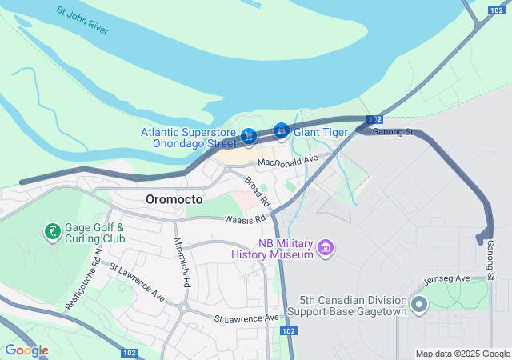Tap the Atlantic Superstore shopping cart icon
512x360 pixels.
point(249,138)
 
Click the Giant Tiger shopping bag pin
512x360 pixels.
point(281,130)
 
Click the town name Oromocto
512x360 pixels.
point(174,199)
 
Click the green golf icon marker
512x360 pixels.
point(52,232)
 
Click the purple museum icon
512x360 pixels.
point(326,248)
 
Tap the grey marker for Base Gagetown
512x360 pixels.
point(418,304)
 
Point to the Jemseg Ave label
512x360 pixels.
point(451,278)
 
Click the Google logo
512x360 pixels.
point(26,350)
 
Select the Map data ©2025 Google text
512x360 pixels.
point(462,354)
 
